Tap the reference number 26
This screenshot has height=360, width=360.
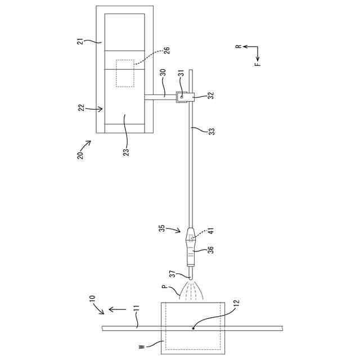(x=167, y=50)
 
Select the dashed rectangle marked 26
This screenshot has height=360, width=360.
(x=125, y=74)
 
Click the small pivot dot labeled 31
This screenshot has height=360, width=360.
(x=182, y=97)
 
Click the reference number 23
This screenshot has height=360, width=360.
(x=126, y=152)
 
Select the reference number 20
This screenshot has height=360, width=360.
(x=80, y=155)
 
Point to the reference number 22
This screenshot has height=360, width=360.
(x=82, y=107)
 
